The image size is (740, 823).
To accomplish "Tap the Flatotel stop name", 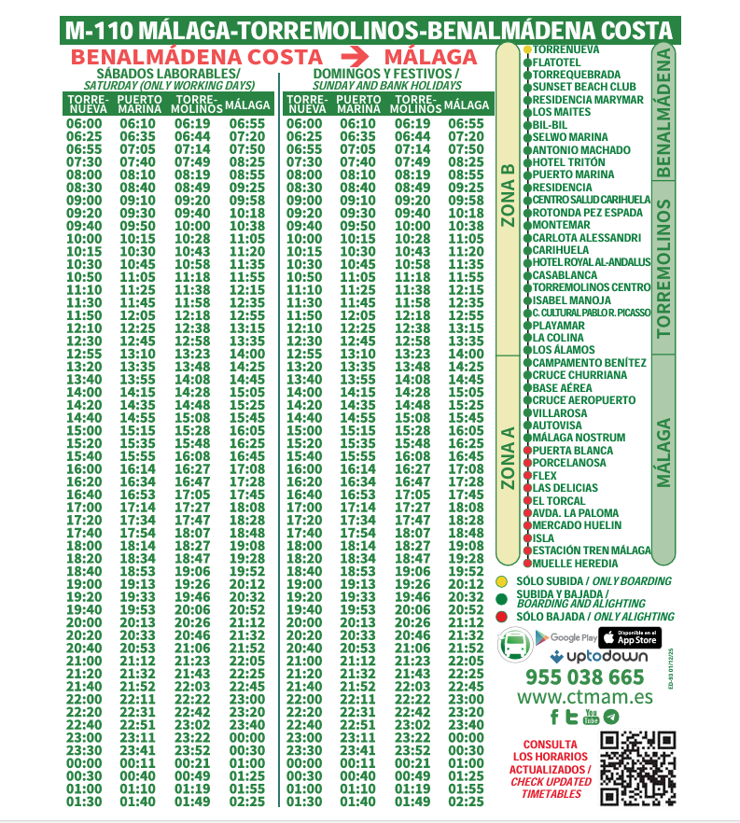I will click(x=556, y=62).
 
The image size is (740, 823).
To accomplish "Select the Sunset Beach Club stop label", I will click(x=584, y=87).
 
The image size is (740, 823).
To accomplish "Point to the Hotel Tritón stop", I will click(x=568, y=162).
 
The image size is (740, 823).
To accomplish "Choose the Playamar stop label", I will click(x=559, y=326).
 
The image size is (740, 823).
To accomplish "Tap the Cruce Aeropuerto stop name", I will click(x=584, y=401).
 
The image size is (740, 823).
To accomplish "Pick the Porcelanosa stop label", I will click(x=569, y=464).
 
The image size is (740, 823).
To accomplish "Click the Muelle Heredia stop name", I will click(x=575, y=564).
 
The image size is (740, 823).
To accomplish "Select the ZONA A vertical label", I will click(x=508, y=458).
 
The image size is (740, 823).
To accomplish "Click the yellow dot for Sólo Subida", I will click(x=501, y=581).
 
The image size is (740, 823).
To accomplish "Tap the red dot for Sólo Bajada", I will click(x=501, y=617).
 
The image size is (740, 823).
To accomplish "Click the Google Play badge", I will click(x=565, y=637).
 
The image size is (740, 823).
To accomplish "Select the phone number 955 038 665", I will click(x=584, y=677).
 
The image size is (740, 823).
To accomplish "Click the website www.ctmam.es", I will click(x=584, y=697).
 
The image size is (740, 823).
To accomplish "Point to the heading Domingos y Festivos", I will click(x=385, y=73).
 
